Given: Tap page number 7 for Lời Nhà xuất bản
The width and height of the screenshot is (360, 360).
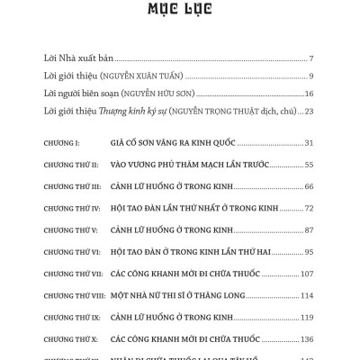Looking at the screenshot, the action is (310, 57).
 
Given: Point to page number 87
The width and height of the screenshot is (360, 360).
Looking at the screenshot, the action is (308, 229).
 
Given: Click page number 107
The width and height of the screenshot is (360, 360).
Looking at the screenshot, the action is (306, 273).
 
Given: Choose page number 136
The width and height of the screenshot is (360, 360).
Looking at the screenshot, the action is (306, 338).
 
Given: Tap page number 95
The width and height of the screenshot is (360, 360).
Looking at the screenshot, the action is (308, 251).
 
